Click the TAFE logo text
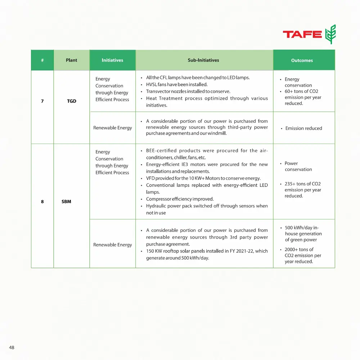302,34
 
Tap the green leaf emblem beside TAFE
330,34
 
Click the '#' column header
42,60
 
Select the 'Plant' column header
71,60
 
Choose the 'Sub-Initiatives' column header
203,60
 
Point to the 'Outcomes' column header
302,60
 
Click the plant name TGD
72,101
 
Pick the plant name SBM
66,202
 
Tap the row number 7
42,101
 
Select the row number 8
42,202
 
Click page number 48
12,347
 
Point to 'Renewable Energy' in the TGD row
112,128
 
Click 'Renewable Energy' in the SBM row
112,245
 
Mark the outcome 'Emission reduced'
303,128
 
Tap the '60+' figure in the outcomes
289,91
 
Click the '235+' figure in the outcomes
290,184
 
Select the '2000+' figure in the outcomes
291,249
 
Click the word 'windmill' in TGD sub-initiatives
217,134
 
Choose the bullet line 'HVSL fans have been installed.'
177,85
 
